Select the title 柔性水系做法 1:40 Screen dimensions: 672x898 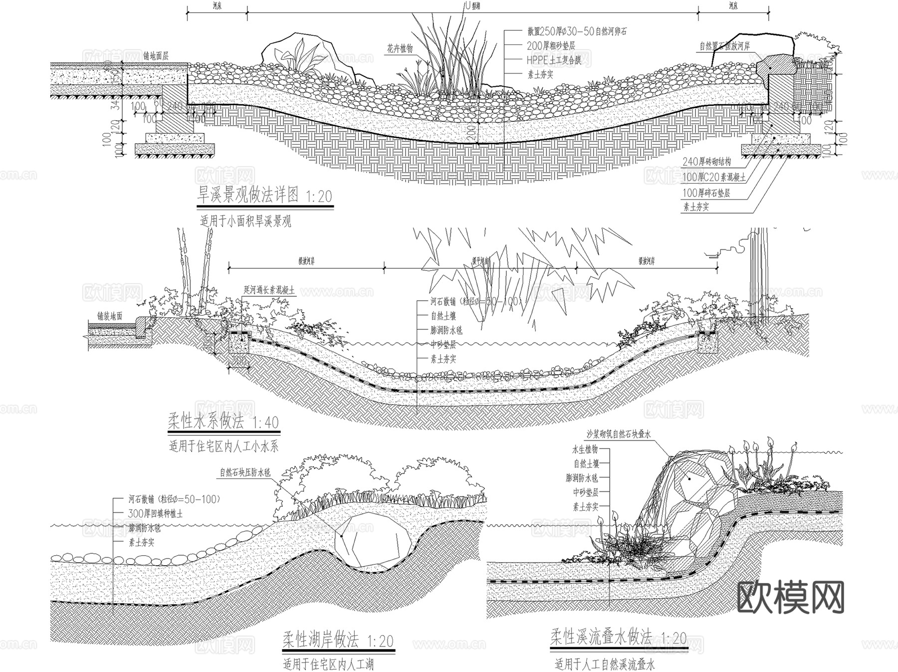tap(223, 423)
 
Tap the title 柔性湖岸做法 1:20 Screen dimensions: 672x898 tap(338, 641)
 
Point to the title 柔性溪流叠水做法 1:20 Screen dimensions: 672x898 tap(619, 638)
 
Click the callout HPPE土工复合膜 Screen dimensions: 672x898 tap(554, 60)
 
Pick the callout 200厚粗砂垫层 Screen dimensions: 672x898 tap(551, 46)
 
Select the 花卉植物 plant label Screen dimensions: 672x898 tap(400, 48)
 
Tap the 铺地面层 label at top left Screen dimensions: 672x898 tap(156, 56)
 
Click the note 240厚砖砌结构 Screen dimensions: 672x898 tap(707, 163)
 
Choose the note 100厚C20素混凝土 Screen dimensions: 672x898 tap(714, 178)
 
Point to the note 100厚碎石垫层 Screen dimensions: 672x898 tap(706, 193)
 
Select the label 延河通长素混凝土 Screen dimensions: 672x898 tap(269, 290)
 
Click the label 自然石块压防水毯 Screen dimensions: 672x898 tap(245, 472)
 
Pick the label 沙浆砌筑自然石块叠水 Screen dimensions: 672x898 tap(619, 435)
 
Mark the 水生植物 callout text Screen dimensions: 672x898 tap(585, 449)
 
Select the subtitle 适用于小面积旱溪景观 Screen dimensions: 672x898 tap(245, 221)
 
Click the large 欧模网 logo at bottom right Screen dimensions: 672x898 tap(790, 597)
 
